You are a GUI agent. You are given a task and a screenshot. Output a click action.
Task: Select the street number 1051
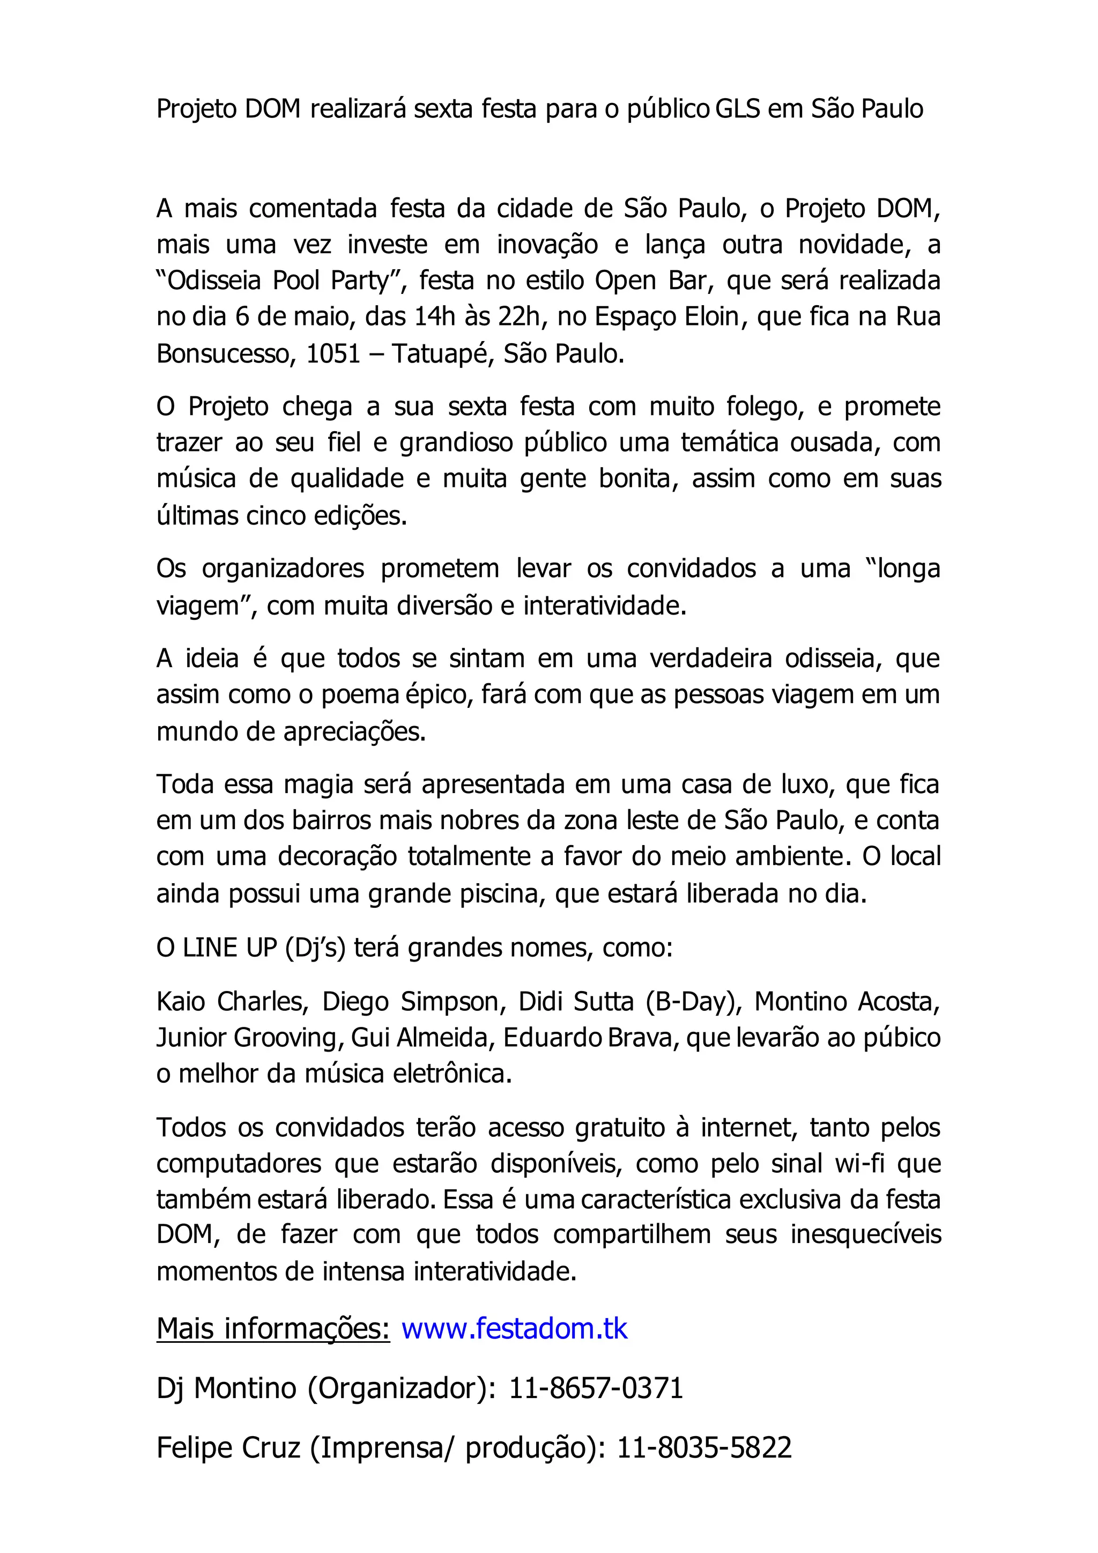(333, 354)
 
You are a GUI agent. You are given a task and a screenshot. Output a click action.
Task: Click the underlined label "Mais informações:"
(273, 1328)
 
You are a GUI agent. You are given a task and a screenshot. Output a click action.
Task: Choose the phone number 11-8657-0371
(596, 1388)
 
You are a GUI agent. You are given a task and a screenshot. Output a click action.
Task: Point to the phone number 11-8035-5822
(704, 1447)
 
